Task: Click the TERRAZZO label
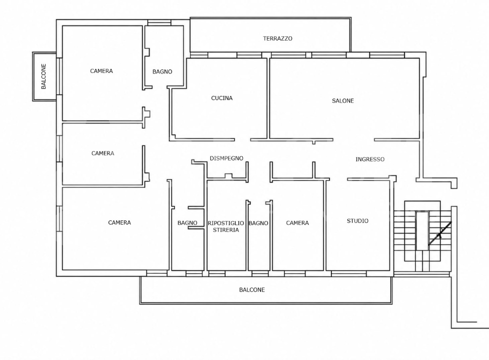[x=277, y=38]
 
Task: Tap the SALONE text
[x=342, y=101]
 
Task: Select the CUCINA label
[x=221, y=98]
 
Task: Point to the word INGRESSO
[x=370, y=159]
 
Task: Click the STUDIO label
[x=357, y=221]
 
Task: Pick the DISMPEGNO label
[x=226, y=158]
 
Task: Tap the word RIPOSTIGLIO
[x=226, y=223]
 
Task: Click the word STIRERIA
[x=226, y=230]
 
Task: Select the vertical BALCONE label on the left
[x=43, y=76]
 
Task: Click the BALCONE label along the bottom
[x=252, y=290]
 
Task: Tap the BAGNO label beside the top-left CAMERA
[x=162, y=72]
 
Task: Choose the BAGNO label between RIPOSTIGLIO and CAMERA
[x=258, y=223]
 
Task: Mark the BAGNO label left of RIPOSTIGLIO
[x=187, y=222]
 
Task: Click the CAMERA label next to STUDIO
[x=297, y=222]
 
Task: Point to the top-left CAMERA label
[x=101, y=71]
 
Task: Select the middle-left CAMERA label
[x=102, y=153]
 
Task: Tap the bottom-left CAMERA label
[x=119, y=222]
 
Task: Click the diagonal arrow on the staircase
[x=439, y=233]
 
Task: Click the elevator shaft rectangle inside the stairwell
[x=422, y=231]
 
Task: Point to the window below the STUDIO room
[x=348, y=274]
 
